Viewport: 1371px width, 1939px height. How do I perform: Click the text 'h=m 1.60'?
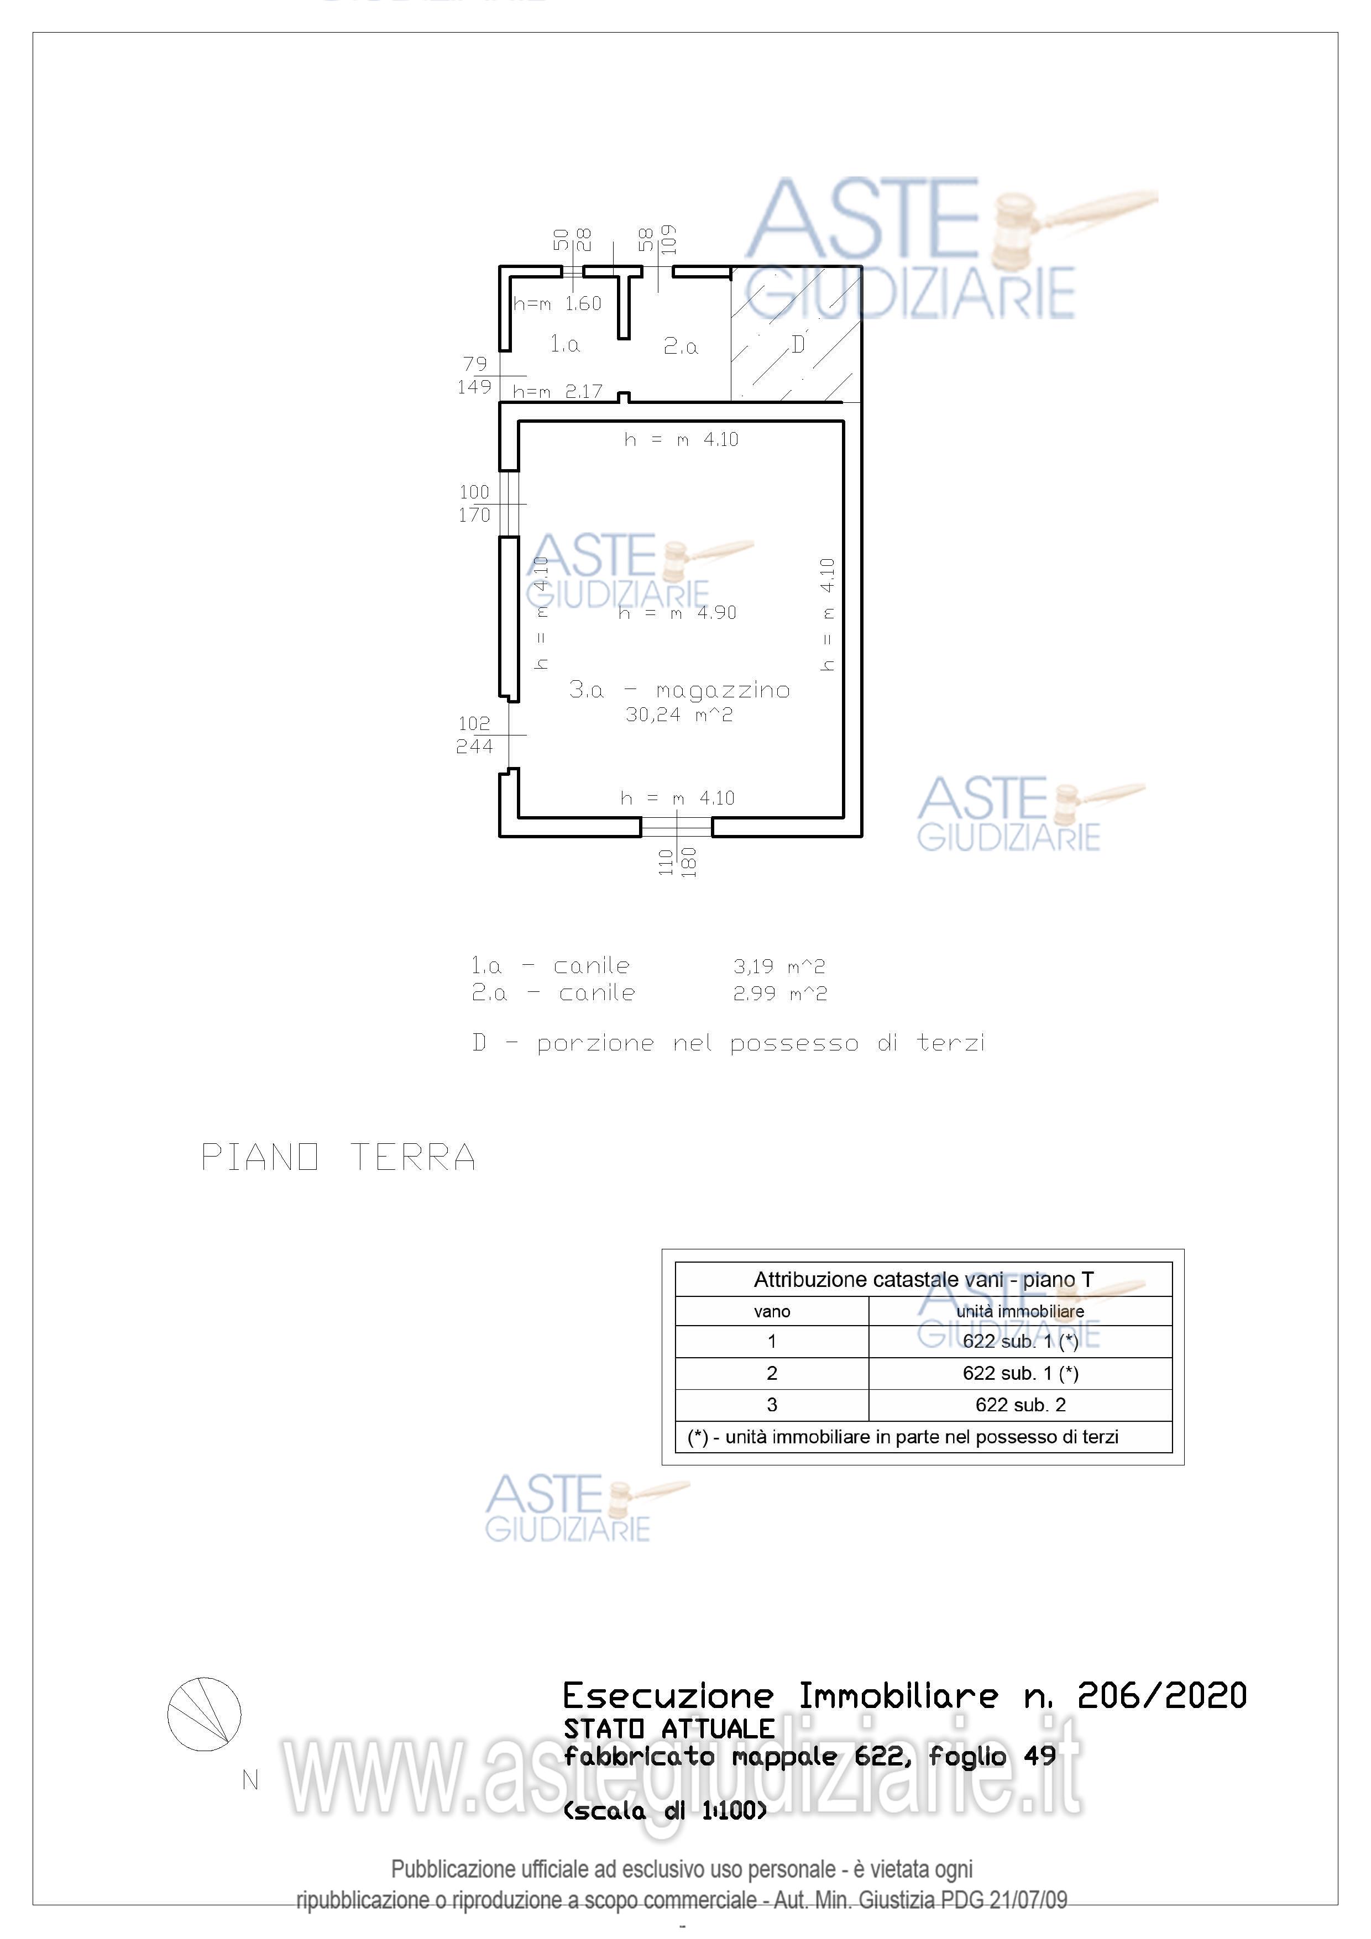(x=558, y=304)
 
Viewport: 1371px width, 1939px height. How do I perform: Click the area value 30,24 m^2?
(x=679, y=714)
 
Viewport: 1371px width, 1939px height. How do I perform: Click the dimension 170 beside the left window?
(x=474, y=514)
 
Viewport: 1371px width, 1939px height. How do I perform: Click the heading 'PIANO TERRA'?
(x=338, y=1157)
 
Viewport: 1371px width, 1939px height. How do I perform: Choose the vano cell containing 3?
(x=771, y=1405)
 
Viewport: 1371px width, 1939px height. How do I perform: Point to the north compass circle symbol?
(x=205, y=1714)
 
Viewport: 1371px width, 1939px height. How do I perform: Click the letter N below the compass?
(x=250, y=1780)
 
